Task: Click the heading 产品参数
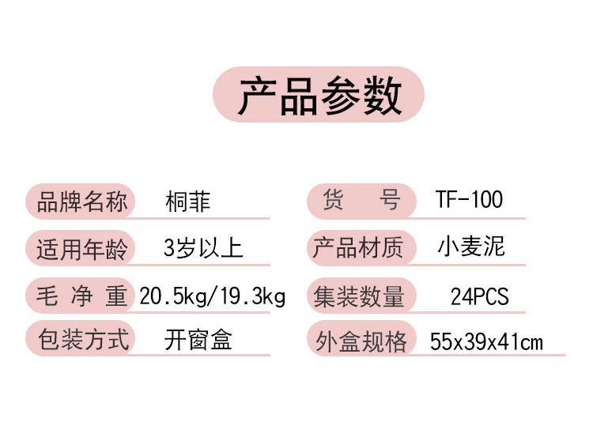[319, 96]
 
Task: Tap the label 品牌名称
[81, 202]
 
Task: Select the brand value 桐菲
[188, 202]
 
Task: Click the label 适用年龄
[81, 249]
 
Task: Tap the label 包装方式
[81, 340]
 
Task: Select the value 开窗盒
[198, 340]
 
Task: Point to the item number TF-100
[469, 200]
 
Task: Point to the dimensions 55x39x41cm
[486, 341]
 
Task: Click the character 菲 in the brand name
[199, 202]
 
